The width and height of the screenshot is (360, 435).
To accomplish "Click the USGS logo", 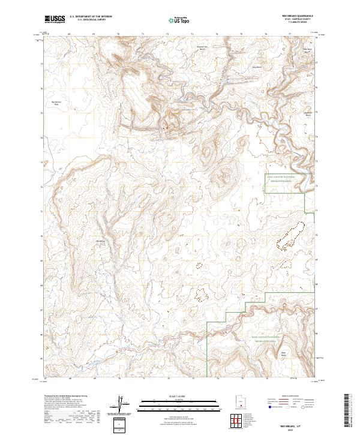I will click(54, 19).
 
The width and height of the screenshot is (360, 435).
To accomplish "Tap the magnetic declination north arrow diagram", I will click(121, 405).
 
